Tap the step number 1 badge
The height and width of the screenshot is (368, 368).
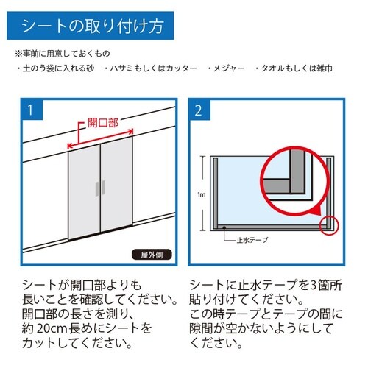point(31,112)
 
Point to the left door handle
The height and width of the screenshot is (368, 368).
point(95,189)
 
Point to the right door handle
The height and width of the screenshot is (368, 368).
point(104,189)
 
